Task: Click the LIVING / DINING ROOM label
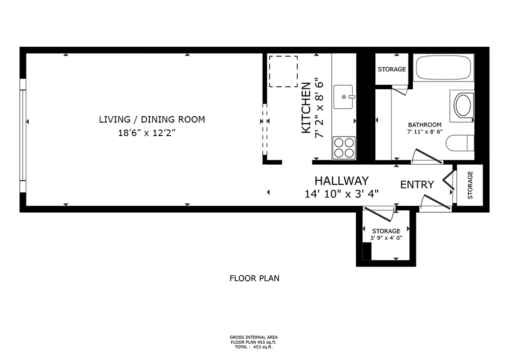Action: click(152, 119)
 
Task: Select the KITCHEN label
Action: click(306, 108)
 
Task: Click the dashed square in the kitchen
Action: click(283, 71)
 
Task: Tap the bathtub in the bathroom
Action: click(443, 68)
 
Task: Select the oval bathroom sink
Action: click(462, 106)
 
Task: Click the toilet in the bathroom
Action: click(461, 143)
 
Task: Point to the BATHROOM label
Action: click(424, 125)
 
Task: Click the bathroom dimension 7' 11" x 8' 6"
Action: click(424, 132)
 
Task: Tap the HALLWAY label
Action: click(341, 180)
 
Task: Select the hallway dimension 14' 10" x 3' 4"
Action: click(341, 193)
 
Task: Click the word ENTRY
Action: click(417, 185)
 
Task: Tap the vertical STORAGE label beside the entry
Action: click(470, 185)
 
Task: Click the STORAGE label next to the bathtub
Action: click(391, 69)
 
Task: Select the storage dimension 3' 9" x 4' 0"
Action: click(386, 238)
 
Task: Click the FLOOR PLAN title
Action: click(254, 279)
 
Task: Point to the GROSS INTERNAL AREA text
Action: click(254, 337)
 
